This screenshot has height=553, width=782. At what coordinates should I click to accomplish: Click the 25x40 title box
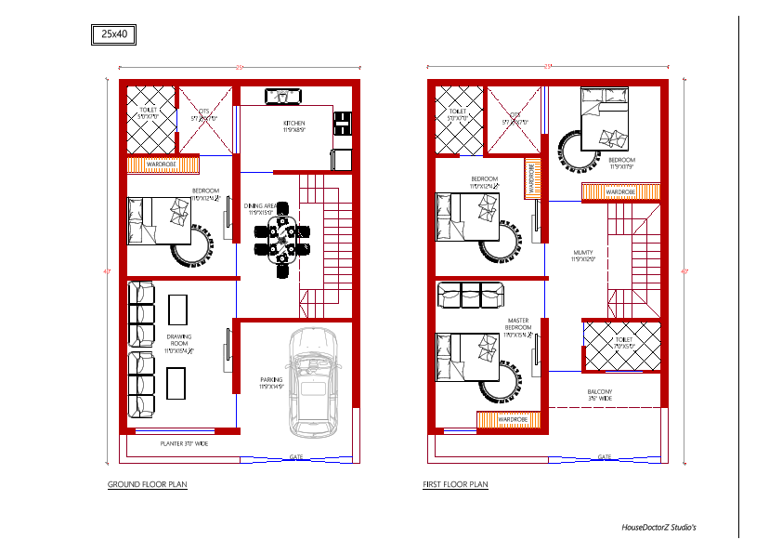(x=113, y=34)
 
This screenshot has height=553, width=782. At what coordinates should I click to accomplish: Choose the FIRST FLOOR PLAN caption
(x=455, y=484)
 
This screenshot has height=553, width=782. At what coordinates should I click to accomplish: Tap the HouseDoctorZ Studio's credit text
(x=652, y=527)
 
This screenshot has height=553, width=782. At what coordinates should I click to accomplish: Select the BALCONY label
(x=599, y=394)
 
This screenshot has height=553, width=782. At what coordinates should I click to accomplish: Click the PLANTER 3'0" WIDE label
(x=184, y=444)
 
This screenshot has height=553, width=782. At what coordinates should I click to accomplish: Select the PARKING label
(x=271, y=380)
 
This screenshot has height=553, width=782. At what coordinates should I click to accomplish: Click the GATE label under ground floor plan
(x=296, y=456)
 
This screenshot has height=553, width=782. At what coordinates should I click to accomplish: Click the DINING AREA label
(x=261, y=207)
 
